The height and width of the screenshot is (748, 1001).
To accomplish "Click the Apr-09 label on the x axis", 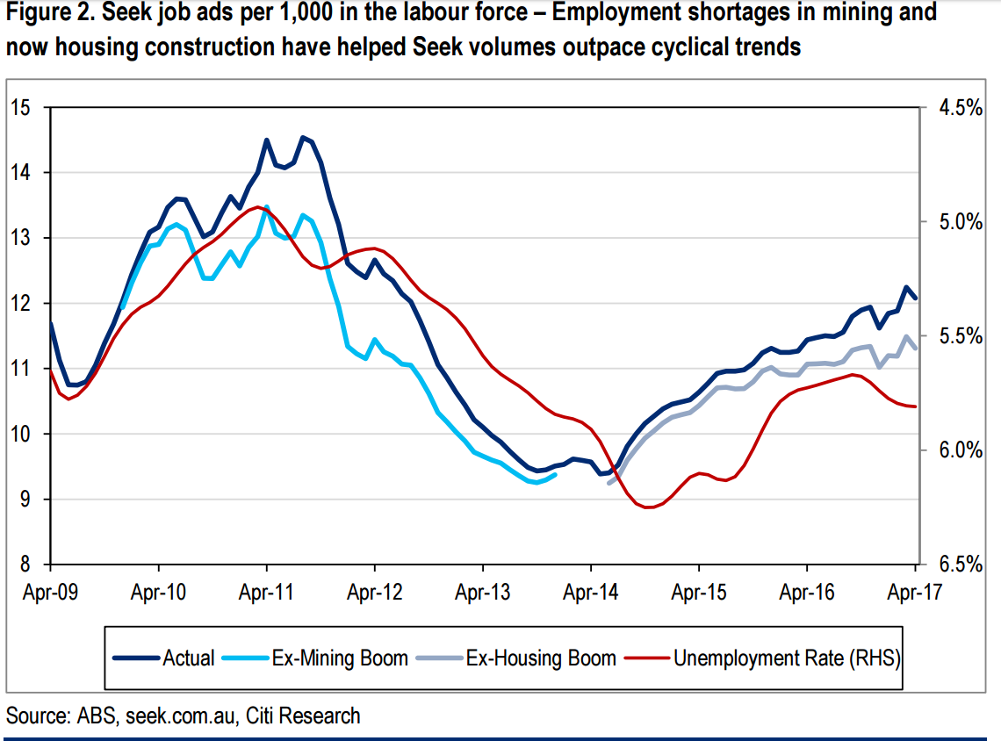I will [x=50, y=592].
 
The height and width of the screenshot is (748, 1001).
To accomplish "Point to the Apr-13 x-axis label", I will [x=482, y=592].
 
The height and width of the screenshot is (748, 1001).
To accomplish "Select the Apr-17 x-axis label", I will [x=915, y=592].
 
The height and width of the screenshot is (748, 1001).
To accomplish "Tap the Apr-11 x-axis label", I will [x=266, y=592].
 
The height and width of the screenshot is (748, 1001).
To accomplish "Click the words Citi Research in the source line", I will [x=303, y=716].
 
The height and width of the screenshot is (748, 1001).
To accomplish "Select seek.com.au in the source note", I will [x=182, y=716].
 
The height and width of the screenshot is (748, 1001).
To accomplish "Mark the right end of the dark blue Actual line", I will [x=916, y=298].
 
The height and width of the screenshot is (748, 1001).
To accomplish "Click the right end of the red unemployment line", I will [x=916, y=406].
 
